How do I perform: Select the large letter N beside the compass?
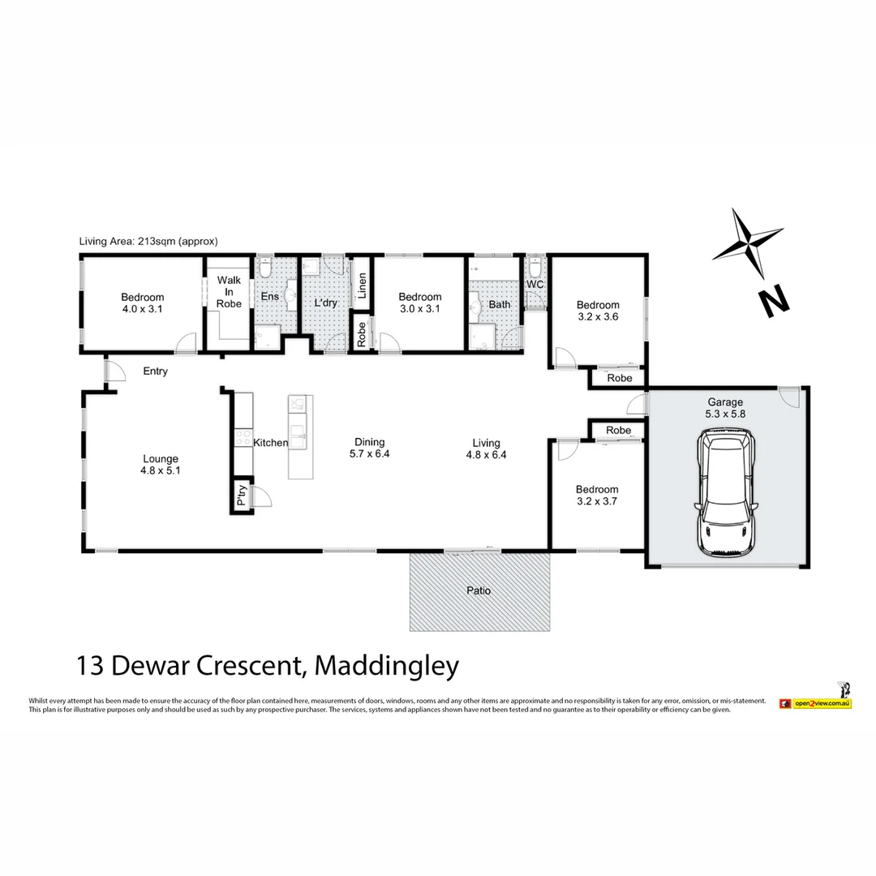774,302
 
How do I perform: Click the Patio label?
479,591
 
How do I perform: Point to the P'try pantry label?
241,495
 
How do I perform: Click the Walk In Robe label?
229,292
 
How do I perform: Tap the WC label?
535,285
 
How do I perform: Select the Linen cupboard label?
362,289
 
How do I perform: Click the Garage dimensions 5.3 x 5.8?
724,414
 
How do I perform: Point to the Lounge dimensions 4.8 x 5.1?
158,470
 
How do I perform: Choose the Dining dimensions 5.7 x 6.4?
369,454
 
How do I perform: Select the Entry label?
155,371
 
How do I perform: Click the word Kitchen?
270,443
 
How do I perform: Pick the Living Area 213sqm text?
148,241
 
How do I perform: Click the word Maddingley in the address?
386,667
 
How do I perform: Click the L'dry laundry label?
325,303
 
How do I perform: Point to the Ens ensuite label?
269,297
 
